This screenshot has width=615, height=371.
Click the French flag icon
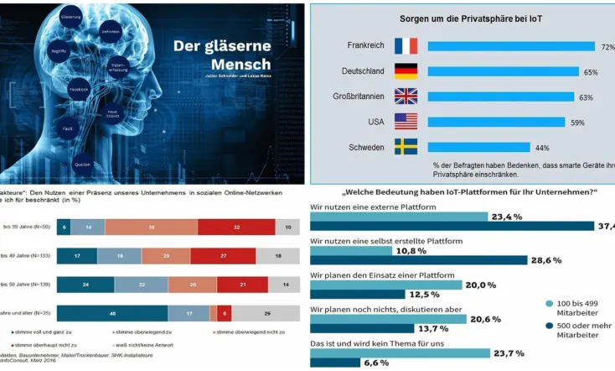(406, 45)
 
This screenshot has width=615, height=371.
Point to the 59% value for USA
(577, 123)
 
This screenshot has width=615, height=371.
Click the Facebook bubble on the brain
(79, 88)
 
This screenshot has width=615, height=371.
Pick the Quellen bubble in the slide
(81, 163)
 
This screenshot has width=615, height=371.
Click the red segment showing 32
(236, 227)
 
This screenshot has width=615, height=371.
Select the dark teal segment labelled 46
(112, 312)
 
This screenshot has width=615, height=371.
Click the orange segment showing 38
(151, 227)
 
